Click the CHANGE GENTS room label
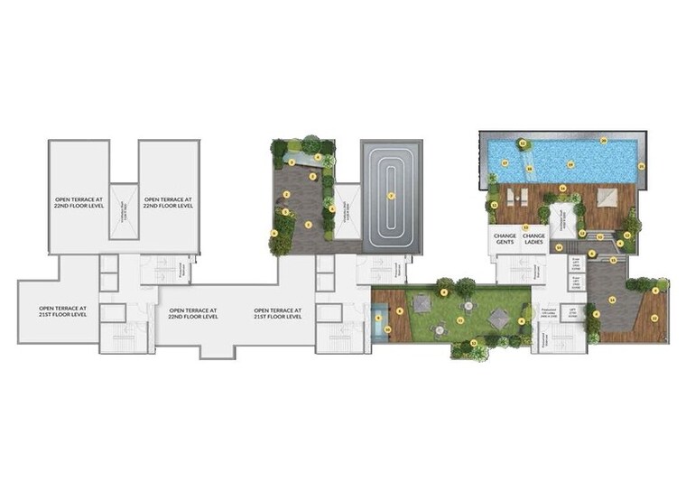click(x=505, y=240)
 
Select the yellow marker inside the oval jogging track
click(x=391, y=195)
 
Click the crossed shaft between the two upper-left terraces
click(x=123, y=211)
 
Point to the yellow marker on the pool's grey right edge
click(x=640, y=166)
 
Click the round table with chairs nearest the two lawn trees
click(x=442, y=330)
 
